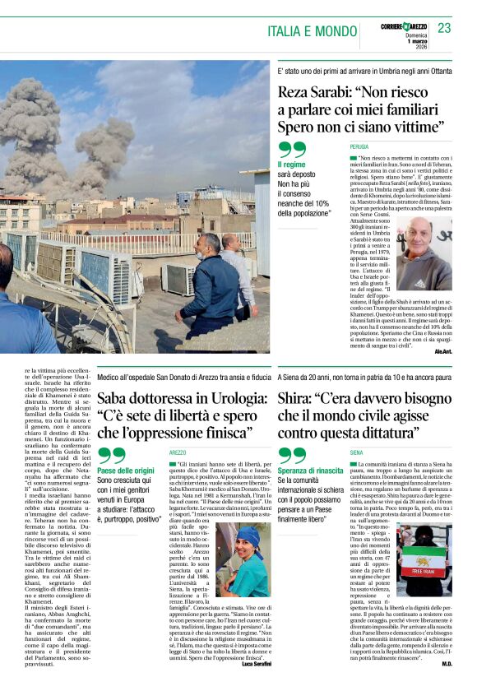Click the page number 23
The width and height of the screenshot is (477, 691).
[444, 29]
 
